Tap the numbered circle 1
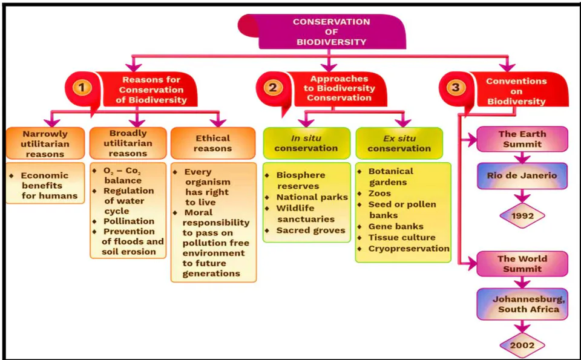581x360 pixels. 82,88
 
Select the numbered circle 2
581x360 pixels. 273,88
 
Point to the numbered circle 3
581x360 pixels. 455,87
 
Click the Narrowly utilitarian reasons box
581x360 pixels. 45,144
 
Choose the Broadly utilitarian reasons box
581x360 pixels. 128,143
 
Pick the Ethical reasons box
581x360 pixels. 213,143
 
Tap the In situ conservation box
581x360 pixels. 306,143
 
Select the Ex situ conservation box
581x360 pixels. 399,143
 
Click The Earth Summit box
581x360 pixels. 522,139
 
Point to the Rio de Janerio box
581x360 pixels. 522,175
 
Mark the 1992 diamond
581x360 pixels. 522,215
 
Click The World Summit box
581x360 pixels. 522,264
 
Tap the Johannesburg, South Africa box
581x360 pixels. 522,304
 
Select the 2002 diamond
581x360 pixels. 522,345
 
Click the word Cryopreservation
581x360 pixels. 409,249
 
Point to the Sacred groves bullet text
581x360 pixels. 310,231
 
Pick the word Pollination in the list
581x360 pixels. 129,221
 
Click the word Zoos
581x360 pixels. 379,194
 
